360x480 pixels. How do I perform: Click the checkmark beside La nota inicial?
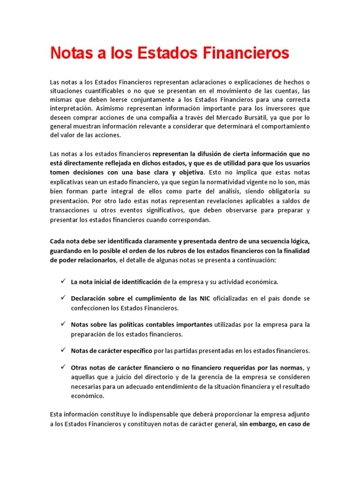coord(63,281)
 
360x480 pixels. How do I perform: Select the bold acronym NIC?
coord(204,299)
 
